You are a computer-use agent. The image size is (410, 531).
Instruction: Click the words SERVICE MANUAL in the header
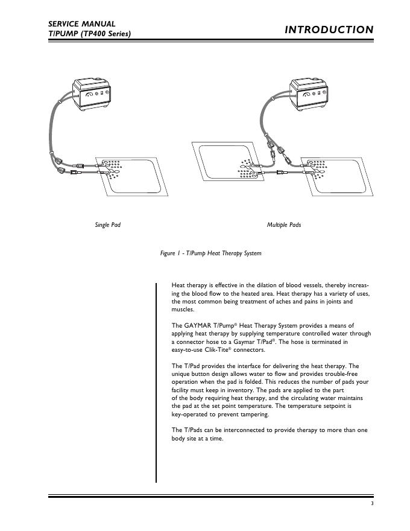[x=82, y=24]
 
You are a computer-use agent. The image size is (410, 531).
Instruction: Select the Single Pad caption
[x=108, y=225]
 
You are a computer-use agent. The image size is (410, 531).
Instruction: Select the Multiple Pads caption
[x=284, y=225]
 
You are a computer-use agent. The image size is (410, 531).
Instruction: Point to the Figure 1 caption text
[x=210, y=253]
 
